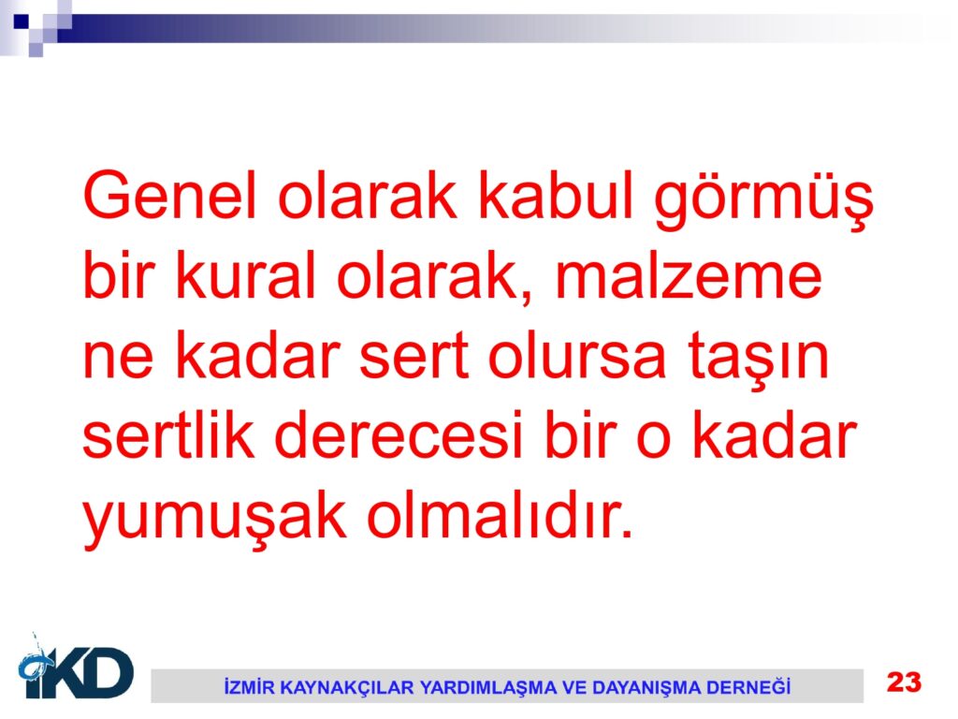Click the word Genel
pyautogui.click(x=169, y=195)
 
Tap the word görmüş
pyautogui.click(x=763, y=200)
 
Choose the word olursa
pyautogui.click(x=576, y=355)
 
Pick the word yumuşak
pyautogui.click(x=214, y=520)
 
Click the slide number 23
pyautogui.click(x=905, y=682)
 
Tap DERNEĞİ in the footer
pyautogui.click(x=748, y=686)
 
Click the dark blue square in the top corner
pyautogui.click(x=22, y=22)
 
